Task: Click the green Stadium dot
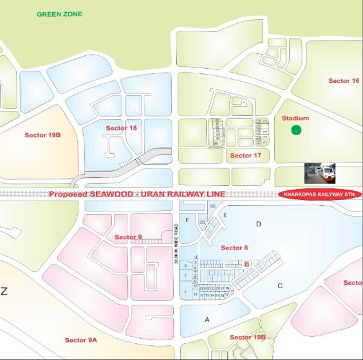point(296,130)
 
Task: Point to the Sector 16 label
point(344,80)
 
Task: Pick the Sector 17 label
point(245,156)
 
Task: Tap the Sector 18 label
point(121,128)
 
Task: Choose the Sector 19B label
point(42,135)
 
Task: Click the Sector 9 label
point(128,237)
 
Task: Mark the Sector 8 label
point(234,248)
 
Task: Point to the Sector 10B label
point(248,337)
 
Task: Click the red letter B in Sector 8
point(247,262)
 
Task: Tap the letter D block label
point(259,224)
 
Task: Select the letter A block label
point(207,319)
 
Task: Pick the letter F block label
point(187,221)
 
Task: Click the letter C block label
point(280,285)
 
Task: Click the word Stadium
point(295,118)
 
